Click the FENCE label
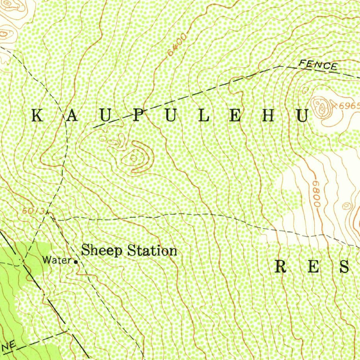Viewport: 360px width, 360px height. [318, 65]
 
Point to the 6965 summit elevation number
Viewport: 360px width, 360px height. [350, 106]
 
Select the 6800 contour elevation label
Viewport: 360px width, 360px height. [316, 194]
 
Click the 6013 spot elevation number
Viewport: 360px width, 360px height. [33, 211]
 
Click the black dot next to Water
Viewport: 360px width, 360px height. [76, 262]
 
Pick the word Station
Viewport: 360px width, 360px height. [152, 251]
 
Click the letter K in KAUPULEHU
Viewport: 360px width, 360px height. [38, 116]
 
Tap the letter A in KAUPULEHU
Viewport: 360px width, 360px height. [71, 116]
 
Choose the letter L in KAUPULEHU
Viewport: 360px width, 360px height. [204, 116]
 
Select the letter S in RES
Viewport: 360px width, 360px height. [345, 266]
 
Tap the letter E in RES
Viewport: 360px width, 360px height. [314, 266]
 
